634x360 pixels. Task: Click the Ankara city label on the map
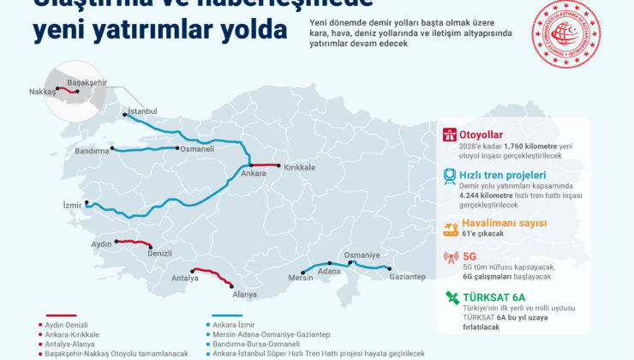coord(254,174)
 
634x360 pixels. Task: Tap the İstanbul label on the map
coord(142,111)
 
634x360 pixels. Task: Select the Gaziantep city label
coord(407,277)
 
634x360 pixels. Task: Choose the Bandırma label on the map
coord(93,151)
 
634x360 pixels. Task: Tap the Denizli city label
coord(159,254)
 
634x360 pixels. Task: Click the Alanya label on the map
coord(245,294)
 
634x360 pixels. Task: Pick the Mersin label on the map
coord(301,277)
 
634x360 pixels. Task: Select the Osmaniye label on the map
coord(362,255)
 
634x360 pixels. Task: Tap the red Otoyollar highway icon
coord(450,135)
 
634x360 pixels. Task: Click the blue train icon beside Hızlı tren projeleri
coord(450,177)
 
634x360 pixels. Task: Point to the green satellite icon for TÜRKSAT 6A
coord(450,299)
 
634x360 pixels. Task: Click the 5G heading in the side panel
coord(469,255)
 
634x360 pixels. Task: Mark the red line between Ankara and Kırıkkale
coord(265,165)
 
